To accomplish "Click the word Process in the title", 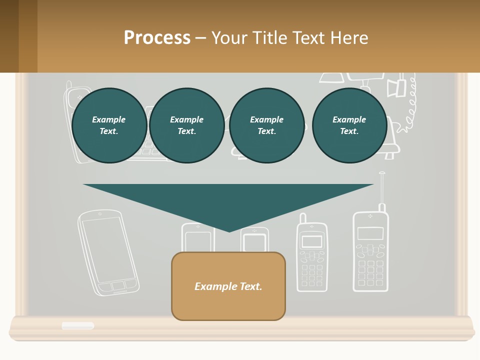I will pyautogui.click(x=157, y=38).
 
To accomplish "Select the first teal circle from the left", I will pyautogui.click(x=109, y=125).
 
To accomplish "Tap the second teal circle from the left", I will pyautogui.click(x=186, y=125).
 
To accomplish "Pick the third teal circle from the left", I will pyautogui.click(x=266, y=125).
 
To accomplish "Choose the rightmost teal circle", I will pyautogui.click(x=349, y=125).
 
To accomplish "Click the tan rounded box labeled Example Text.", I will pyautogui.click(x=228, y=286).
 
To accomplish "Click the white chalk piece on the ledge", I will pyautogui.click(x=78, y=325).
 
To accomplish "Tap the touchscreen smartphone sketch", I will pyautogui.click(x=107, y=252).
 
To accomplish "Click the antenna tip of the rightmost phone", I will pyautogui.click(x=382, y=173).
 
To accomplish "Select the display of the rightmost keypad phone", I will pyautogui.click(x=370, y=233).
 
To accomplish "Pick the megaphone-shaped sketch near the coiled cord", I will pyautogui.click(x=396, y=88).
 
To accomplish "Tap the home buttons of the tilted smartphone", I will pyautogui.click(x=118, y=286).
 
